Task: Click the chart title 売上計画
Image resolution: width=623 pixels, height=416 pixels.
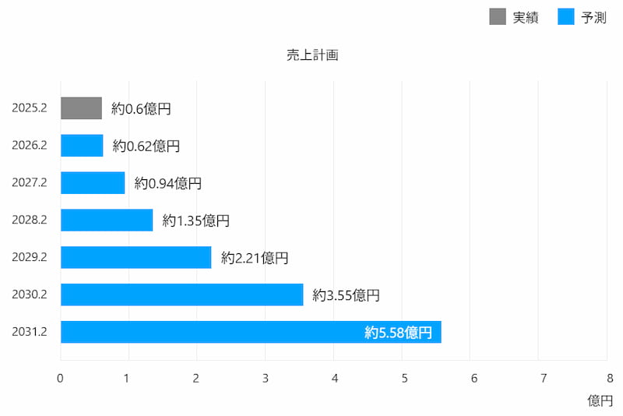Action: (x=311, y=55)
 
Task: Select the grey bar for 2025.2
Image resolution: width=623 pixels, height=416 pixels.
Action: (x=81, y=108)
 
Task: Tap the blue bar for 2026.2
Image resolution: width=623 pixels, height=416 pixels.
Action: (x=82, y=146)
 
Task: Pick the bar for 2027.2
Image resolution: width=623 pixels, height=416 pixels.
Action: (x=93, y=183)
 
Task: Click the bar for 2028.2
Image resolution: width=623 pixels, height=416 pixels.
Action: (x=107, y=220)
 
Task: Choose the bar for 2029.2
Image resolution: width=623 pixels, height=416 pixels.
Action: (x=136, y=258)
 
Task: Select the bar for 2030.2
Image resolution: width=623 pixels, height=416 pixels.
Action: (x=181, y=294)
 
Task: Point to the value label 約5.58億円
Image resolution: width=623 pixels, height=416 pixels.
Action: (x=398, y=333)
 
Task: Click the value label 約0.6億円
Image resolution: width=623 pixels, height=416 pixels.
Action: (x=141, y=109)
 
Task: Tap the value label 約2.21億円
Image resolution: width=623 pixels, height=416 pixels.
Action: (x=255, y=258)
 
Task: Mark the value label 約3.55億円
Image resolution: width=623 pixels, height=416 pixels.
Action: (x=347, y=295)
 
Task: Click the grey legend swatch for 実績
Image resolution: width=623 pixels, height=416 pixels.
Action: (x=498, y=16)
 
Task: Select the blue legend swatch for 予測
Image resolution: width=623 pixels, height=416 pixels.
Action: (x=566, y=16)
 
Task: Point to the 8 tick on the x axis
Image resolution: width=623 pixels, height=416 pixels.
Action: (x=607, y=379)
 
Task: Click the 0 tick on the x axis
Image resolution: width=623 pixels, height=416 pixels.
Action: (x=61, y=379)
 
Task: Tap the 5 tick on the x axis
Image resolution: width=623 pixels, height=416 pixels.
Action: (x=403, y=379)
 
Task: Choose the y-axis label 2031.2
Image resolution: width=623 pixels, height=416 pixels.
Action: (x=30, y=332)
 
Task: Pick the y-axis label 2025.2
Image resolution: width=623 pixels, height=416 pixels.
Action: (x=30, y=108)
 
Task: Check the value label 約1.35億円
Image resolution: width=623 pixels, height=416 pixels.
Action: (x=196, y=221)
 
